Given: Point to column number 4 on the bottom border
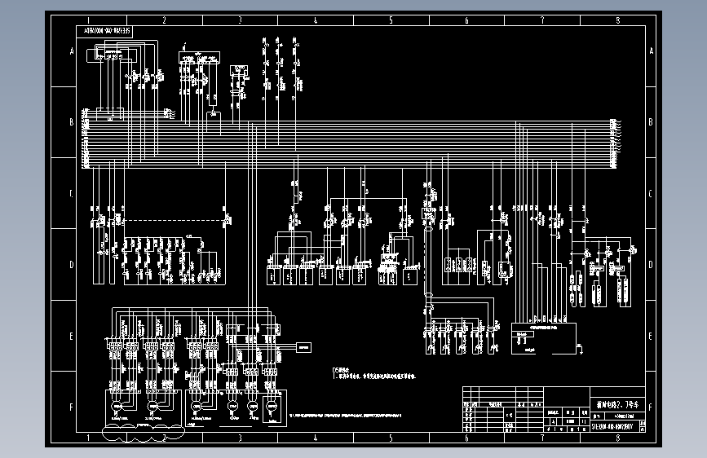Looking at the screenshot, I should pos(315,438).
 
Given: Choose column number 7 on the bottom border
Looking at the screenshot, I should pos(541,438).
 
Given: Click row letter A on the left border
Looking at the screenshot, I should pos(72,51).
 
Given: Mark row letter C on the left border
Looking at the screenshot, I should pos(72,194).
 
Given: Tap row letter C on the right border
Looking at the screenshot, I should pos(651,194).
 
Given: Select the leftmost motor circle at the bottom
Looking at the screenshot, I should pos(117,405).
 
